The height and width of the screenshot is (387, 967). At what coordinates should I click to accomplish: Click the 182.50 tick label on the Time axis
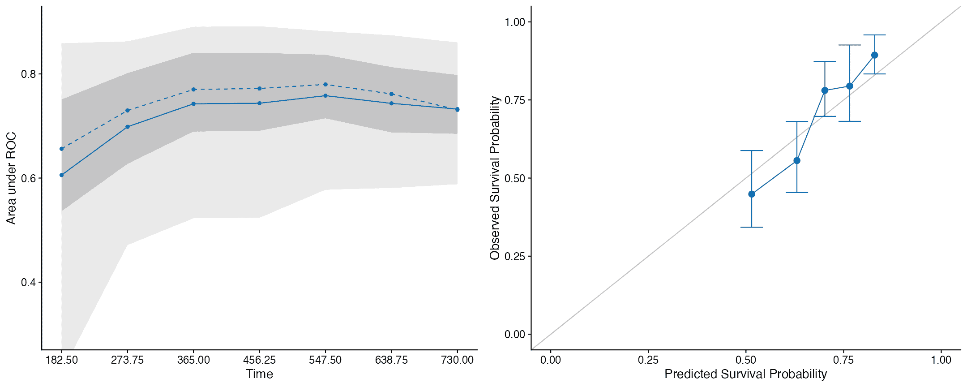tap(61, 360)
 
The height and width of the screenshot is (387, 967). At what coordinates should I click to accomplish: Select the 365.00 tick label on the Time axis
tap(193, 360)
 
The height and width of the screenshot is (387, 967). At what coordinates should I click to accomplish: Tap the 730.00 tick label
tap(457, 360)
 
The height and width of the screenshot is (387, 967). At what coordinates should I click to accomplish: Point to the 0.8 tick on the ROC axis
tap(29, 74)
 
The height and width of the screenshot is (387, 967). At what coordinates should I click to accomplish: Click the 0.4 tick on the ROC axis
tap(29, 282)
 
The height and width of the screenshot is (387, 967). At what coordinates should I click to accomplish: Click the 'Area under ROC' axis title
tap(11, 178)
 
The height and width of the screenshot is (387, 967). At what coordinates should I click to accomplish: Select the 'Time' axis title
tap(259, 374)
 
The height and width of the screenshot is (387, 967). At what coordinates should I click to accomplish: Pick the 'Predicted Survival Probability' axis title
tap(745, 374)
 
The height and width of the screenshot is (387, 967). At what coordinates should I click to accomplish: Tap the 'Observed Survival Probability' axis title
tap(495, 178)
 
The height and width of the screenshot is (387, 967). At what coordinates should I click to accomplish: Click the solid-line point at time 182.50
tap(62, 175)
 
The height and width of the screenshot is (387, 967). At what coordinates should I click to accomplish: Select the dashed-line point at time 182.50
tap(62, 149)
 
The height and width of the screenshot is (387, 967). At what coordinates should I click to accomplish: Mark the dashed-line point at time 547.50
tap(325, 84)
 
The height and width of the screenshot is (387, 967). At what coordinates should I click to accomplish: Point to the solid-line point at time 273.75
tap(128, 127)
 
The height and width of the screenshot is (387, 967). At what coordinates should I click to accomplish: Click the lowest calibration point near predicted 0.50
tap(752, 194)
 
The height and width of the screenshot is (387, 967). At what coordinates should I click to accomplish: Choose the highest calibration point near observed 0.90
tap(874, 55)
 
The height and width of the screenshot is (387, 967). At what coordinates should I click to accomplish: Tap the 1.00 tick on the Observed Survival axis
tap(515, 22)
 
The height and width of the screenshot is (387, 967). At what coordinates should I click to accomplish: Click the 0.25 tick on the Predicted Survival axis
tap(648, 360)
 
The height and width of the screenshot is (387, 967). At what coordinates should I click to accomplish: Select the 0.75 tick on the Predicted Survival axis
tap(843, 360)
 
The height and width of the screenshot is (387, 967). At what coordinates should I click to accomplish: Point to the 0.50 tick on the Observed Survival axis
tap(515, 178)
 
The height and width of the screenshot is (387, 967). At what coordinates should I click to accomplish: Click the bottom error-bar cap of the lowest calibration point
tap(752, 228)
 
